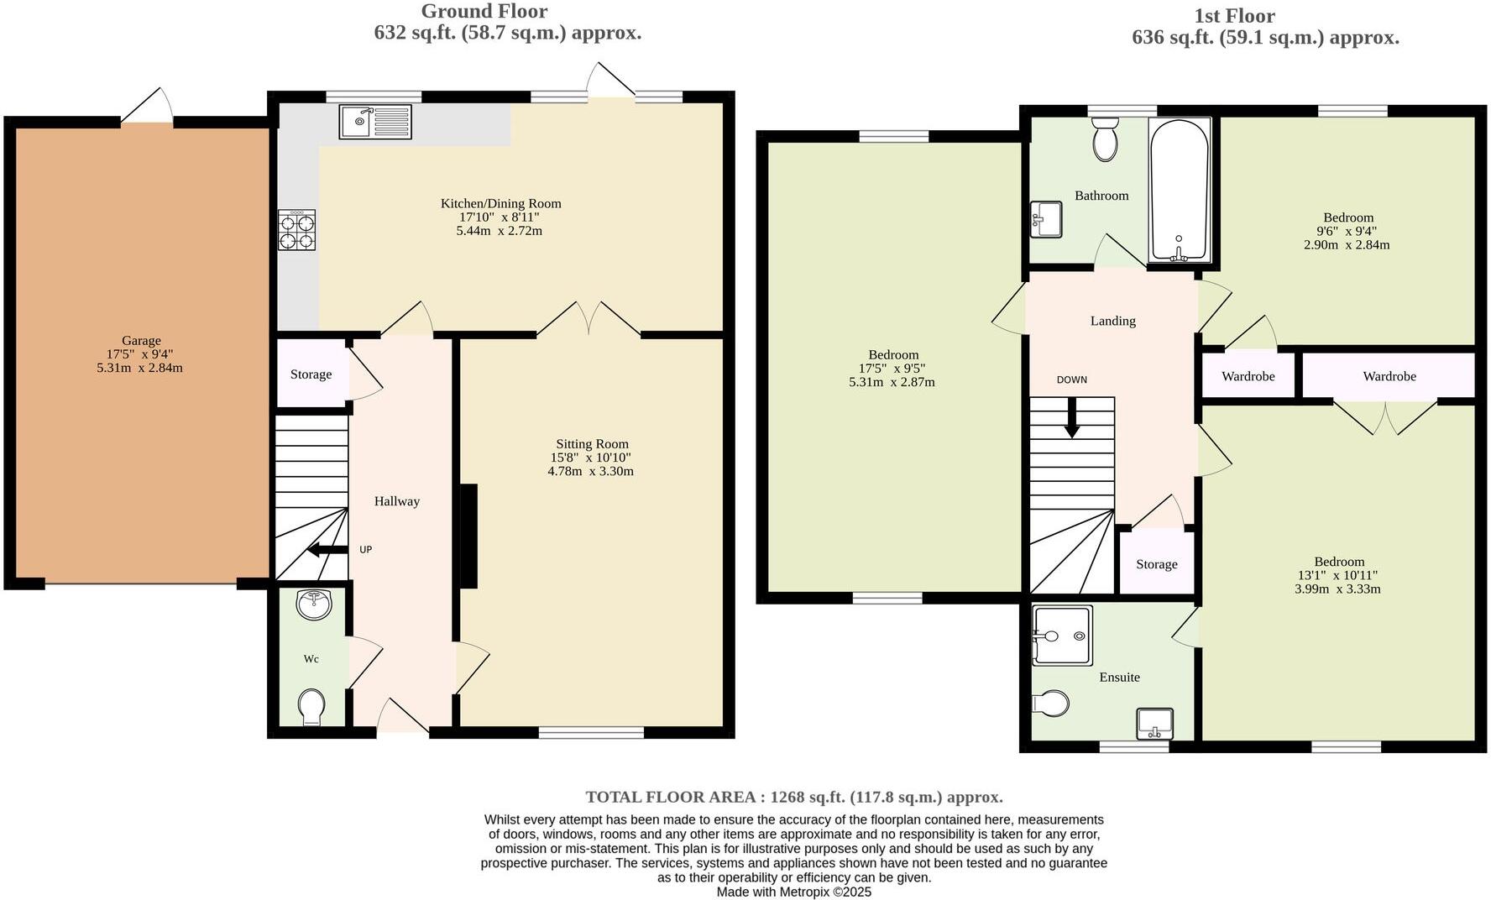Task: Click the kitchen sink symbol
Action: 375,122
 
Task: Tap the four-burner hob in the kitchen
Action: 297,230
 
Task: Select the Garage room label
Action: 141,341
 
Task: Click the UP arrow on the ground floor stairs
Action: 327,551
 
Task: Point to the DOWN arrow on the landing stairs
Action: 1071,418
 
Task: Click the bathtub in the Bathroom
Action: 1179,191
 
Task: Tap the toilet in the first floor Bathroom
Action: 1106,139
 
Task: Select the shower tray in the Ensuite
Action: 1062,636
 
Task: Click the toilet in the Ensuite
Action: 1050,703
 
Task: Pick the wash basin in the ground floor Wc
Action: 315,604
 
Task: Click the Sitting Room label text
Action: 592,444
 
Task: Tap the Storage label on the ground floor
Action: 311,374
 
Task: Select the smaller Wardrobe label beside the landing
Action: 1248,376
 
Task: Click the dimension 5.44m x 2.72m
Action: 500,231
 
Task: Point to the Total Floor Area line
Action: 793,797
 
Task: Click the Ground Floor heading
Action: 484,12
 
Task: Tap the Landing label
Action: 1112,321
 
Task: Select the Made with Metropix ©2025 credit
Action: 793,892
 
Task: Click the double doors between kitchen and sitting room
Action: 589,319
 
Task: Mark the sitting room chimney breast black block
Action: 468,535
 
